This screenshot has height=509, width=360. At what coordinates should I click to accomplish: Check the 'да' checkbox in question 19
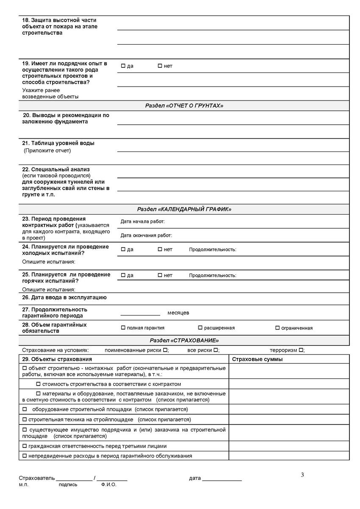(123, 66)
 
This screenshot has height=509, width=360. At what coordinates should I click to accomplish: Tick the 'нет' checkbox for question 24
(160, 249)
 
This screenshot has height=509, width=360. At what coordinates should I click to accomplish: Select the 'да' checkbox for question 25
(123, 275)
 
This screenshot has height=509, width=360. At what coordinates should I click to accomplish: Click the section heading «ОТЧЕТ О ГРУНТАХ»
(184, 106)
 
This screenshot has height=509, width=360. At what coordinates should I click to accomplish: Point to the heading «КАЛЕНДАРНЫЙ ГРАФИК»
(184, 209)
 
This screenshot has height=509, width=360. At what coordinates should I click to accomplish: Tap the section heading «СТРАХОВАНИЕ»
(184, 340)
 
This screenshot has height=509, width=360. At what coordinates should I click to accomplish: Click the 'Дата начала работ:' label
(142, 221)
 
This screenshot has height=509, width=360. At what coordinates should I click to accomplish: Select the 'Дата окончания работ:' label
(146, 235)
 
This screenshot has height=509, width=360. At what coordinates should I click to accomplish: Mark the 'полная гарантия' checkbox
(123, 327)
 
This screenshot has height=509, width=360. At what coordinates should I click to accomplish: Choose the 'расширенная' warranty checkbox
(200, 327)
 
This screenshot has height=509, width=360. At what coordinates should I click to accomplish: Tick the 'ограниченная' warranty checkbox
(277, 327)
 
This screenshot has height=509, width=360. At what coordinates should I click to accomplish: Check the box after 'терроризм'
(301, 350)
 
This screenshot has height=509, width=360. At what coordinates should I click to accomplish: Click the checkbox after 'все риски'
(215, 350)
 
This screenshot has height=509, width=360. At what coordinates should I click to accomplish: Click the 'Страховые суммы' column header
(257, 359)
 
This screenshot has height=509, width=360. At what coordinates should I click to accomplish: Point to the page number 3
(302, 475)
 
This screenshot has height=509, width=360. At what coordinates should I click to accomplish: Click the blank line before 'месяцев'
(140, 314)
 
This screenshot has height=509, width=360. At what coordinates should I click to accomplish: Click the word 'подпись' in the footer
(68, 484)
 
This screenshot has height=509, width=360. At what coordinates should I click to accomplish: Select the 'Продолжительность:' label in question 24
(212, 249)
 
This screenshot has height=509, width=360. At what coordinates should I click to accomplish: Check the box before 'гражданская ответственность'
(24, 446)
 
